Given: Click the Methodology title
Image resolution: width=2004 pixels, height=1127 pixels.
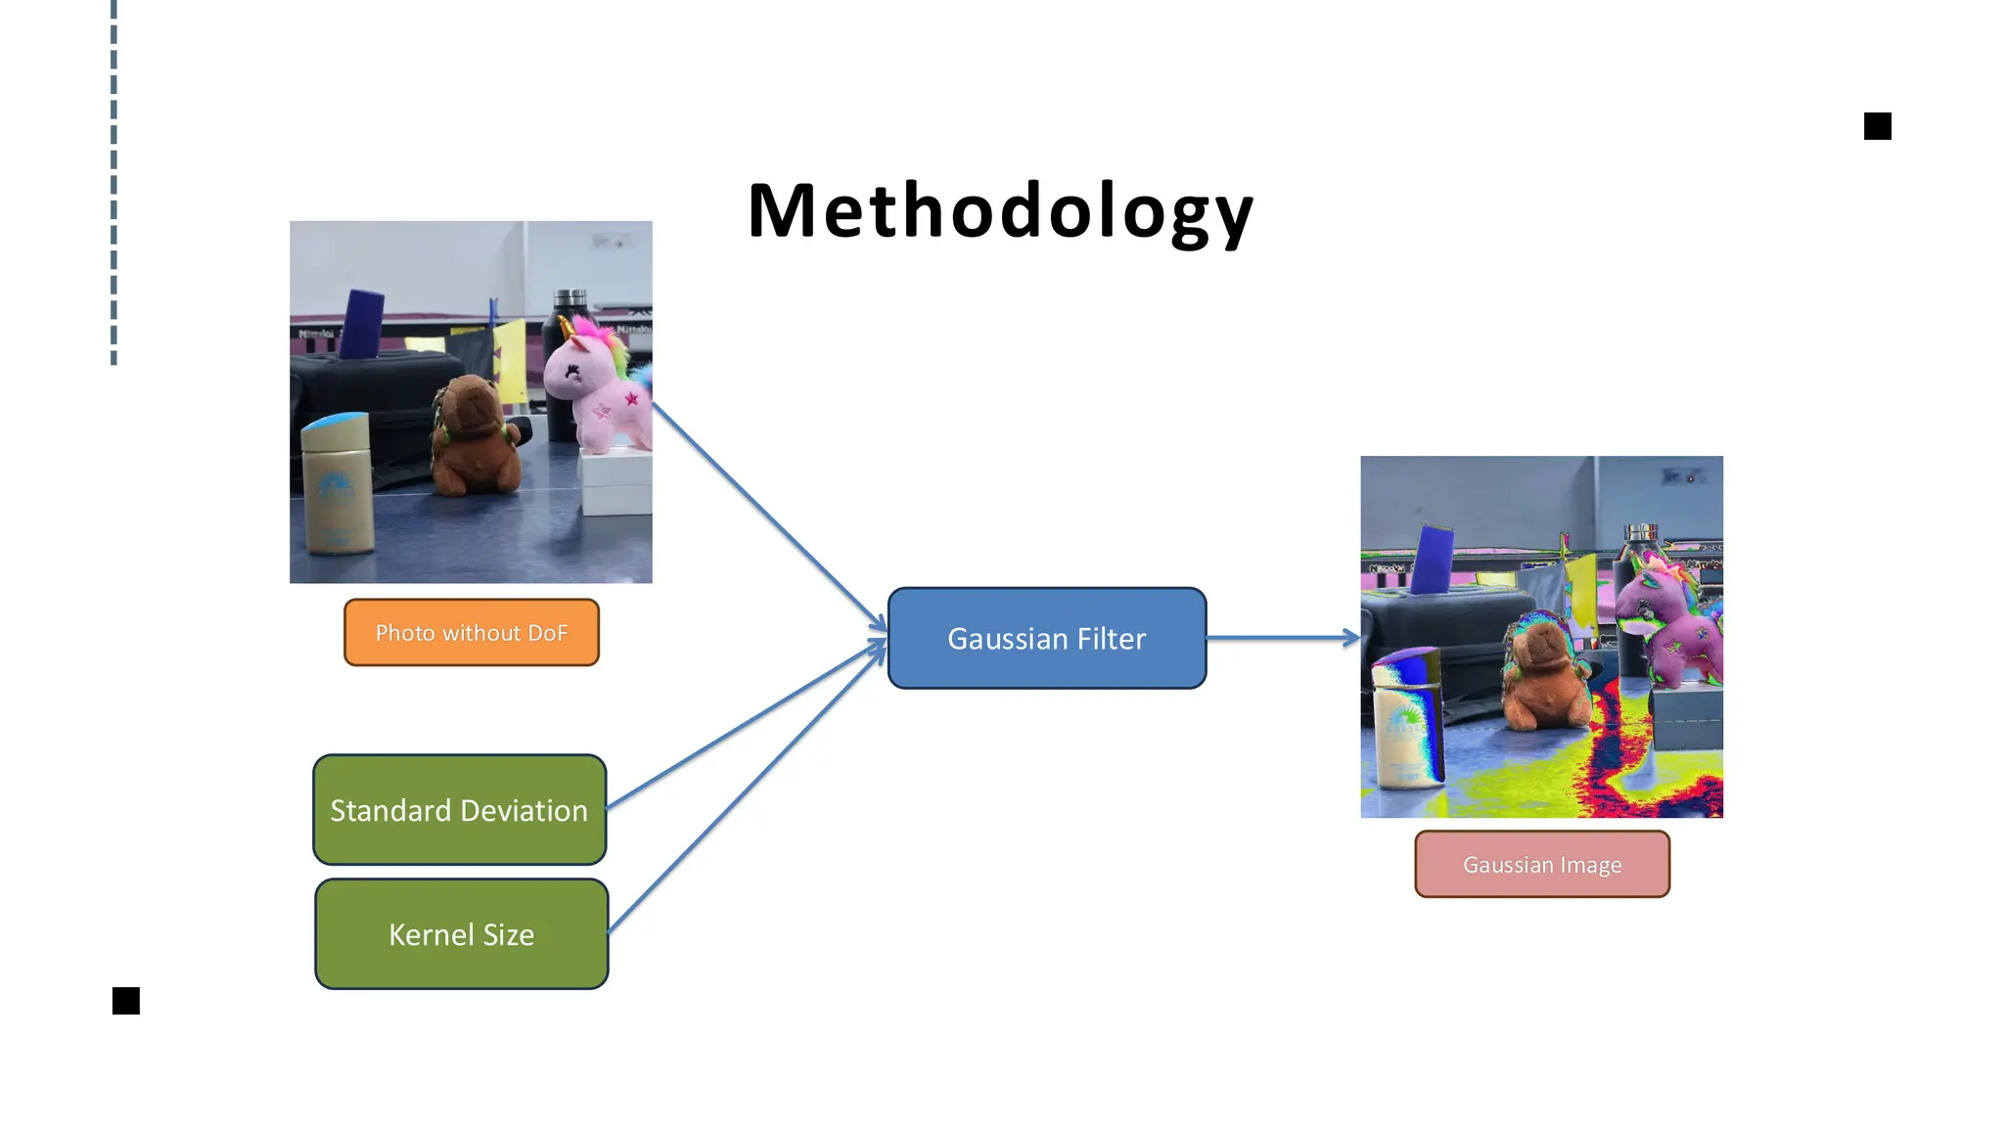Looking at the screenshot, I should point(1000,211).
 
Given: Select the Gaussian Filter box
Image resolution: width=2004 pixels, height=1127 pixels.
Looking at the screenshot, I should point(1046,638).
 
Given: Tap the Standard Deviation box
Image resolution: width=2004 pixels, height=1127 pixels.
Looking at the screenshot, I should point(459,809).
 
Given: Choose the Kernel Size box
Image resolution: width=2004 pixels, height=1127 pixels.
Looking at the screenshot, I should point(461,934).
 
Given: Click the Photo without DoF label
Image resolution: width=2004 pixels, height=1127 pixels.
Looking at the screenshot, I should point(471,633).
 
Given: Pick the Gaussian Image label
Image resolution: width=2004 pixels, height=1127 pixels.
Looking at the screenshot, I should point(1541,865).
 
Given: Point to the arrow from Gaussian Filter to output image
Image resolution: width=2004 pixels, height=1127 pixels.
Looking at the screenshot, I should point(1282,638).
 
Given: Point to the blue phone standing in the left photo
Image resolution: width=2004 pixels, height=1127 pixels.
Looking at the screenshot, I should point(363,324).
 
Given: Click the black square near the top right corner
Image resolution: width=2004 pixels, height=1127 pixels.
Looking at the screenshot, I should point(1877,126).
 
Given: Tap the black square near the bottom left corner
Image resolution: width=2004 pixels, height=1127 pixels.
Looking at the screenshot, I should point(126,1001).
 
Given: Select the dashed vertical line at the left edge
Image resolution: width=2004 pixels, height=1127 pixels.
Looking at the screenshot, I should point(114,182).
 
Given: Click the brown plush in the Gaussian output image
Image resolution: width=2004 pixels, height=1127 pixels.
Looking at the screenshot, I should point(1543,675).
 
